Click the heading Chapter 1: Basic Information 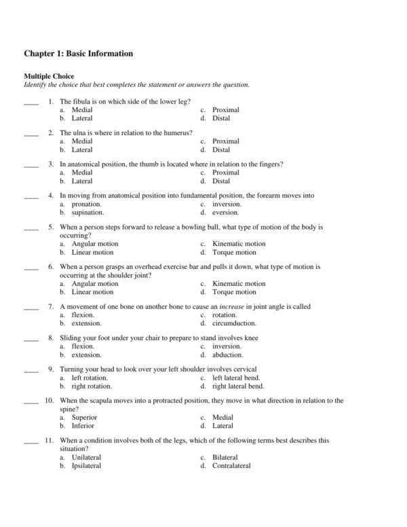coord(78,53)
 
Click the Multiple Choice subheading coord(49,76)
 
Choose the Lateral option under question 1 coord(82,118)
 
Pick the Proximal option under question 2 coord(225,141)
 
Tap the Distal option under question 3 coord(221,181)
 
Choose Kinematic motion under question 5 coord(239,244)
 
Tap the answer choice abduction coord(227,355)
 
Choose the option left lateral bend coord(236,378)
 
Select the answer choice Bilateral coord(226,457)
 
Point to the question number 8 coord(50,338)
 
